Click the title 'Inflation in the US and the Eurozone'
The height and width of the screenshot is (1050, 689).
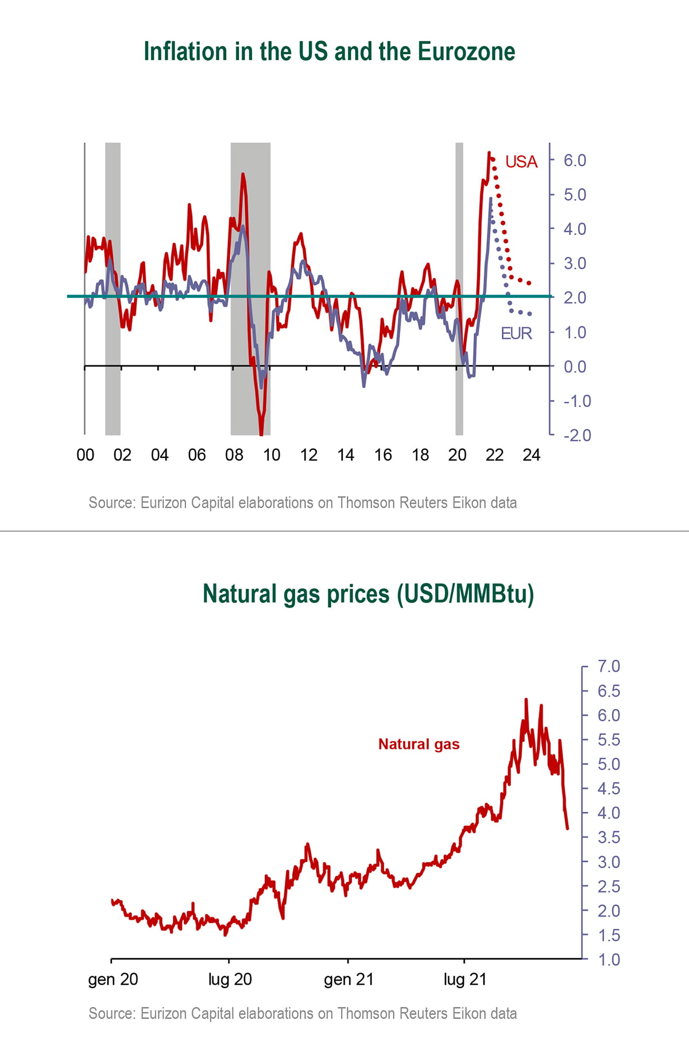click(329, 52)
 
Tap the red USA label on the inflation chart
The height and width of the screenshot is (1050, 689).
click(521, 162)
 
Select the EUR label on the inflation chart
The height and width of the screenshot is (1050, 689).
click(516, 333)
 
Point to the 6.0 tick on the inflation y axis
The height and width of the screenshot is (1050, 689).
click(574, 160)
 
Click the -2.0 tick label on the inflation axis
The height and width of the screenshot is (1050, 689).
click(577, 435)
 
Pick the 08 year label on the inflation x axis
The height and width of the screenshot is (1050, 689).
click(234, 455)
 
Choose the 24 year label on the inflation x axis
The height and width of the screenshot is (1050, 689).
click(531, 455)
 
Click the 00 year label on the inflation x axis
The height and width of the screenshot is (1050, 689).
click(85, 455)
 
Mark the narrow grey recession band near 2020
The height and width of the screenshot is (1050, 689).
click(459, 287)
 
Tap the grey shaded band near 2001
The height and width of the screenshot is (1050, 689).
click(113, 287)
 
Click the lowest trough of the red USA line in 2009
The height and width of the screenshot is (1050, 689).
click(261, 433)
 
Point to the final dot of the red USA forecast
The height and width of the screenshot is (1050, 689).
click(529, 283)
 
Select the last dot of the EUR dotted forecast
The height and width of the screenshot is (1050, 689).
click(529, 314)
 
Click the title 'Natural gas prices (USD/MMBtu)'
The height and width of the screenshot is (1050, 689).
click(368, 594)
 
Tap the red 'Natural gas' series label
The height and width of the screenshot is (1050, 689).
click(419, 744)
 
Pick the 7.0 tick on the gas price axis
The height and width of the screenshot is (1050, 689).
click(609, 666)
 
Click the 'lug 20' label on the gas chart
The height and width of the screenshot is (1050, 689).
click(230, 979)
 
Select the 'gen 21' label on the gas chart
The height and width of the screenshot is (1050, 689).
click(349, 979)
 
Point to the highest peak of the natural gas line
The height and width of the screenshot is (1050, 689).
click(526, 699)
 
